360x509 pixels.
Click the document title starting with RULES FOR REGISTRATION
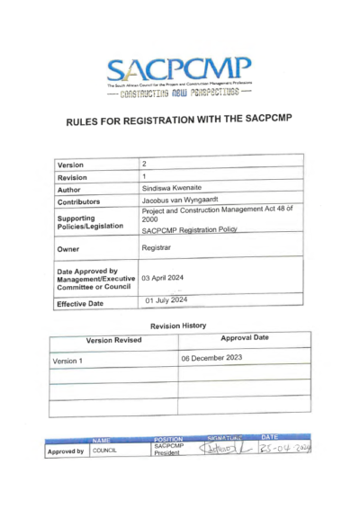pos(180,122)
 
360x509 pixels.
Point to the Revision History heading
pos(179,326)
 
